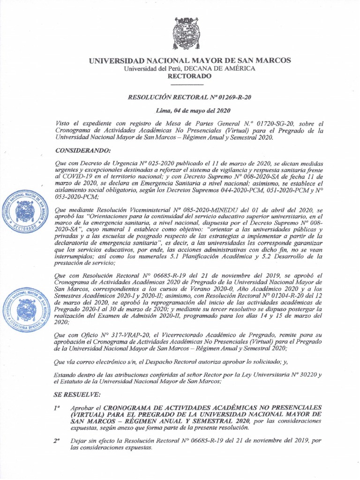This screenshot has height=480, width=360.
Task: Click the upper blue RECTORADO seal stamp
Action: tap(22, 213)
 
